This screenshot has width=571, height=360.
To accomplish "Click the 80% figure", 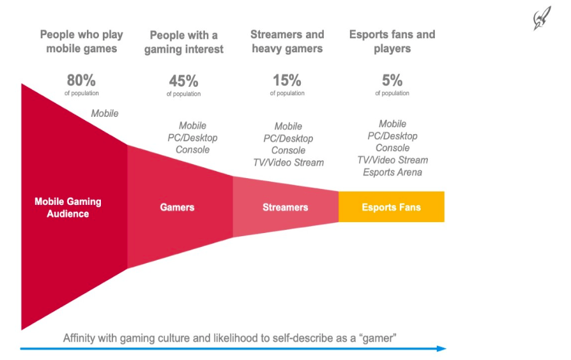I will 81,81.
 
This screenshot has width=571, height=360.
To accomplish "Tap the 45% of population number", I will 183,82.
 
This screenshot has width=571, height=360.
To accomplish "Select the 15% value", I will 287,81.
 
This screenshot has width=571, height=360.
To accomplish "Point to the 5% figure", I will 392,81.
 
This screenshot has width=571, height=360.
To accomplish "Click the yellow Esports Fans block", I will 391,207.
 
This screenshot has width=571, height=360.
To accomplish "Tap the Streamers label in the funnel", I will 285,207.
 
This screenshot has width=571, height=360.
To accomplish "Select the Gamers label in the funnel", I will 177,207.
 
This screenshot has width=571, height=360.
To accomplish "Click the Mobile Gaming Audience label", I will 68,207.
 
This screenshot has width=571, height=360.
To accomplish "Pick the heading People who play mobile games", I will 81,41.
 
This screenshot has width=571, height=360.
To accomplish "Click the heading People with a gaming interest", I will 183,42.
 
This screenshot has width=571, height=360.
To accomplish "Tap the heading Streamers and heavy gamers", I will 287,41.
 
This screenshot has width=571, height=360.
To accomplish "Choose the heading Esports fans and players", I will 392,41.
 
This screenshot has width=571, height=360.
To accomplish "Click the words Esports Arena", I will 392,172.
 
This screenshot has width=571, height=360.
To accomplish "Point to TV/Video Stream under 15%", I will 288,163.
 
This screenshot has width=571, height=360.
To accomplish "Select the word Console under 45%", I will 192,150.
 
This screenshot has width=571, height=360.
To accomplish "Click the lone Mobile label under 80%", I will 105,114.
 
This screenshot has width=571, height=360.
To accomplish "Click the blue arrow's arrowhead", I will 441,349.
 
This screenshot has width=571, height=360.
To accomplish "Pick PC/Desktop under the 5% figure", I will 392,136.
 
